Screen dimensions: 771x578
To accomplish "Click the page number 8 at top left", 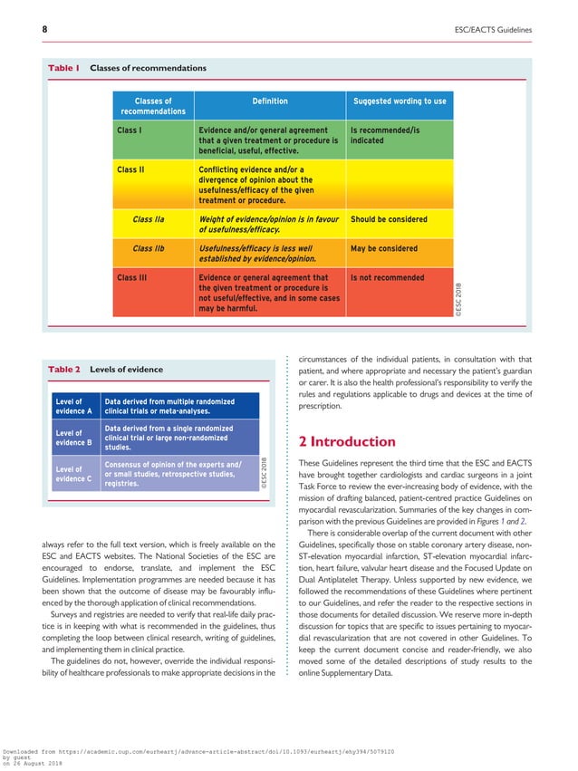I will pos(44,30).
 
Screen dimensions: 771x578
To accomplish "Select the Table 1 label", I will pos(64,69).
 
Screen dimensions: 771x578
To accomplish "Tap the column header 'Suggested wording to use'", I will pos(399,101).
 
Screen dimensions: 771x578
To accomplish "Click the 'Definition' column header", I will pos(269,101).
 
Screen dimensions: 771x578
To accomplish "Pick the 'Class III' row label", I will pos(131,277).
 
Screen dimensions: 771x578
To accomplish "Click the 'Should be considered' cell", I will pos(389,219).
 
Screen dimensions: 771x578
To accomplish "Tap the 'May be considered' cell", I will pos(383,248).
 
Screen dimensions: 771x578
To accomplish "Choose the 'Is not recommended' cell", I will pos(387,277).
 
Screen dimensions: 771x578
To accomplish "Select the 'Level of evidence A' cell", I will pos(74,406).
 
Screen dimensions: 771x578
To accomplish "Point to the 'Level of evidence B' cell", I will pos(74,438).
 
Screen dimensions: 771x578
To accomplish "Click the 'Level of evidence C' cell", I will pos(74,474).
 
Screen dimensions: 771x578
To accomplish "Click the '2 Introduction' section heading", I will pos(347,441).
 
